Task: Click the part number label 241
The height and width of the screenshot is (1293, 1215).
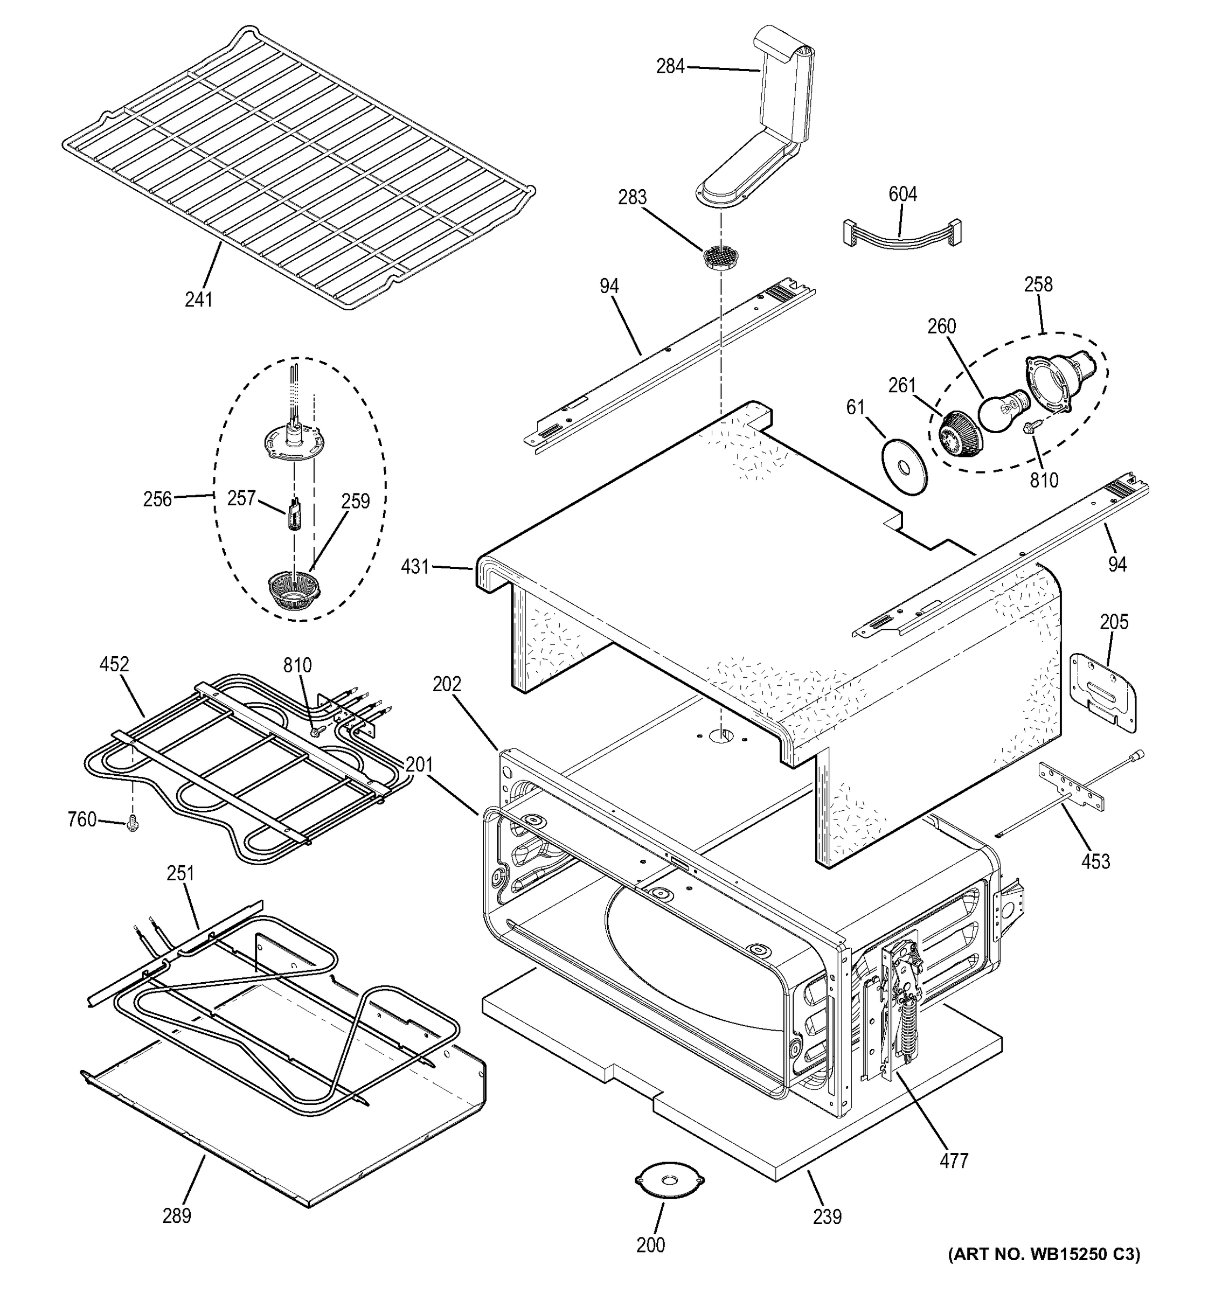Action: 198,299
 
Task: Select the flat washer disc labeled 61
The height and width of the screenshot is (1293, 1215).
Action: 905,467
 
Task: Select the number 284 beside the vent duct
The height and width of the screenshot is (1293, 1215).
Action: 670,66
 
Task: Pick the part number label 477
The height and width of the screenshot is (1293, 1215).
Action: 954,1160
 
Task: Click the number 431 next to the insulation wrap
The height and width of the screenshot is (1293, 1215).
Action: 415,567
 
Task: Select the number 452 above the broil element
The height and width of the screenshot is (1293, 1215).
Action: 114,664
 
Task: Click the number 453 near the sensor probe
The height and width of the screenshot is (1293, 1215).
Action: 1095,861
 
